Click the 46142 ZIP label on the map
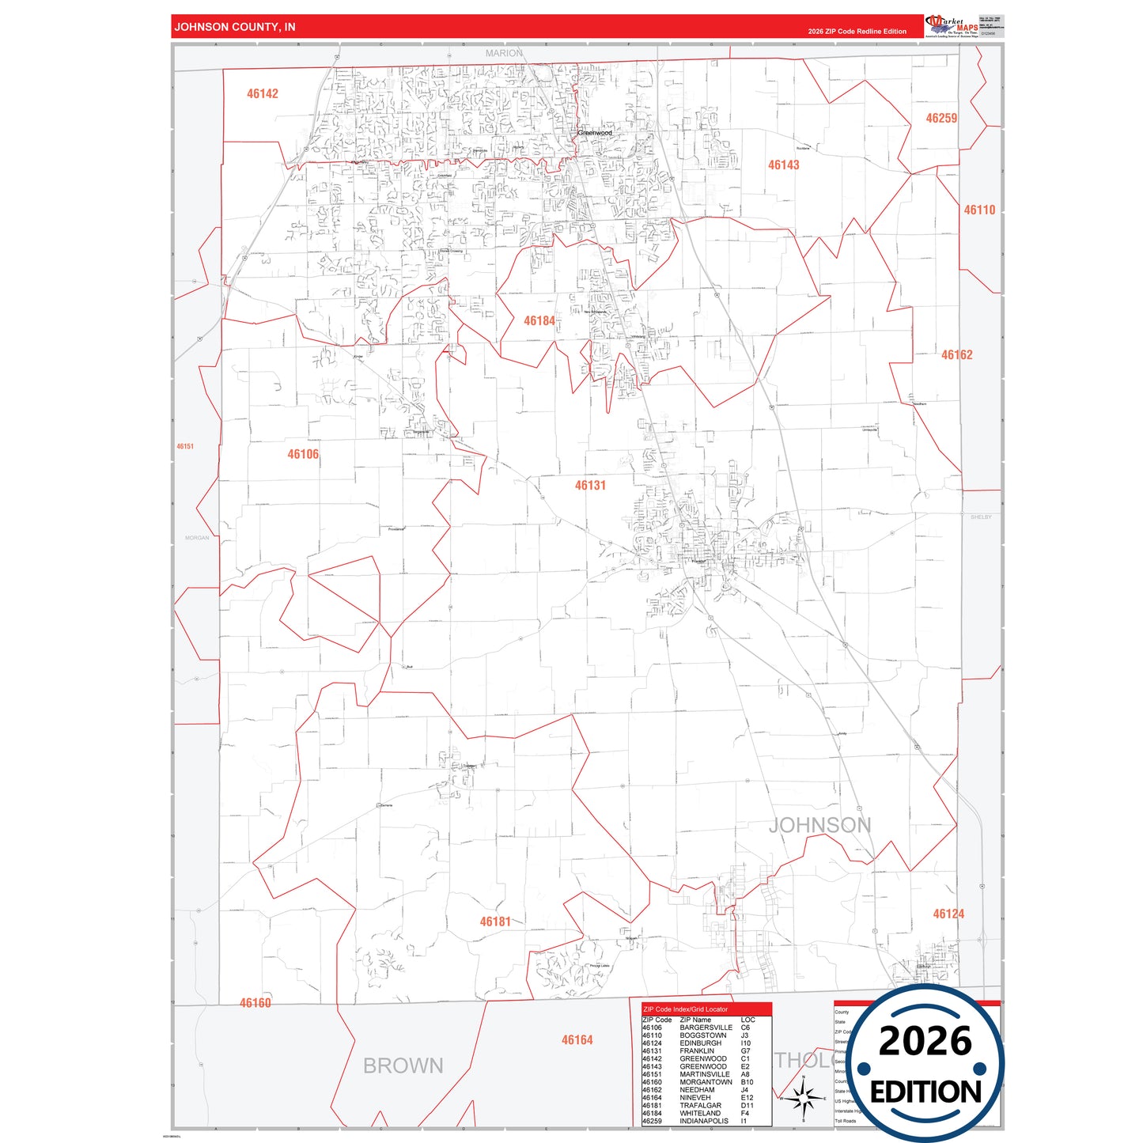click(x=263, y=94)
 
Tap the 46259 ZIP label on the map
click(x=941, y=119)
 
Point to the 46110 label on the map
click(x=979, y=210)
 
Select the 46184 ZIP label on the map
click(x=539, y=321)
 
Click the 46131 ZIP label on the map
click(x=590, y=486)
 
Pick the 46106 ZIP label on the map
click(x=303, y=455)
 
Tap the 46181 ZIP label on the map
click(x=495, y=922)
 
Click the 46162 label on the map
click(x=956, y=355)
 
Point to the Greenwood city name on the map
click(x=594, y=133)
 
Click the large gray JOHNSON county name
click(x=819, y=826)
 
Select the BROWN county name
click(x=403, y=1066)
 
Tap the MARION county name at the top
click(x=504, y=53)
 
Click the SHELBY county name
click(x=981, y=517)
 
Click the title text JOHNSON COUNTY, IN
click(x=235, y=27)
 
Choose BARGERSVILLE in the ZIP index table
click(x=706, y=1028)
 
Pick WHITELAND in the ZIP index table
click(x=700, y=1113)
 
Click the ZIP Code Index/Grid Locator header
click(x=686, y=1009)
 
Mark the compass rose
click(x=803, y=1098)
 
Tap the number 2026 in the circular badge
click(x=925, y=1041)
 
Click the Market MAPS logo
click(x=952, y=26)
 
